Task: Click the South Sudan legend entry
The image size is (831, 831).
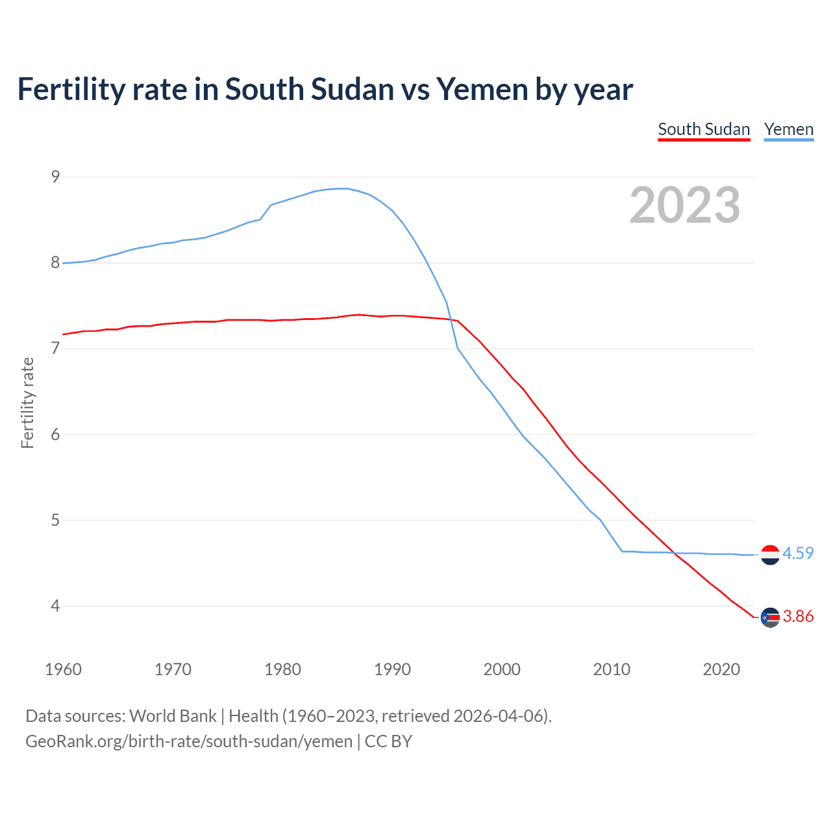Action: click(704, 129)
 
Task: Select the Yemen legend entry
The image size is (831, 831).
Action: click(788, 129)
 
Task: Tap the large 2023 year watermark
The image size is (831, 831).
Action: click(684, 205)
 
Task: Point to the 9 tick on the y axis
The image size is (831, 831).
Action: click(55, 177)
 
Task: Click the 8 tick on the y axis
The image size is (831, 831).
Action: click(55, 262)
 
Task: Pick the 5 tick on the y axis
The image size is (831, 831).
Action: click(55, 520)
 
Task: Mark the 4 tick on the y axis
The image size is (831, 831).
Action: click(55, 606)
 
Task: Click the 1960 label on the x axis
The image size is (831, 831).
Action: click(63, 669)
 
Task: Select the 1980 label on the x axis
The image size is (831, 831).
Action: click(282, 669)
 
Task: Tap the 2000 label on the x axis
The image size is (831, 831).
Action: click(502, 669)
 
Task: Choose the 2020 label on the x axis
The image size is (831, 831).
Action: click(721, 669)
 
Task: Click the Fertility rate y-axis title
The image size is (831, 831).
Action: click(27, 403)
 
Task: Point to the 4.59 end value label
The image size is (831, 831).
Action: click(798, 553)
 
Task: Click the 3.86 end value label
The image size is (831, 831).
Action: click(798, 616)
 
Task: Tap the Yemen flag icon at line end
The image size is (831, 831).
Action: click(770, 554)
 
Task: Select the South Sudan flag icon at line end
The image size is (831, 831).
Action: click(770, 617)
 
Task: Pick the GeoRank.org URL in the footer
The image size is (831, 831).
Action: click(188, 741)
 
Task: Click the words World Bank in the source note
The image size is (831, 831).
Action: click(173, 715)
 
